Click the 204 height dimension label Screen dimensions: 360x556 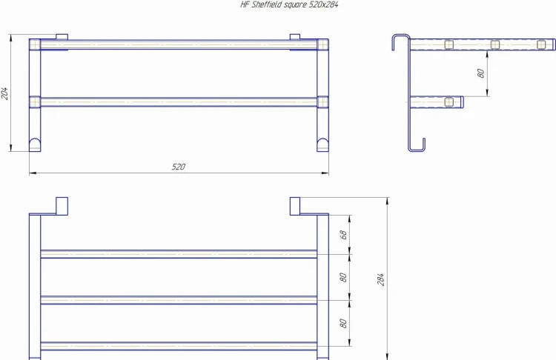6,93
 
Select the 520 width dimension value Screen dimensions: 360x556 179,167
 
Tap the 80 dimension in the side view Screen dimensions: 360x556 481,73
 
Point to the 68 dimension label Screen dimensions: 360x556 344,234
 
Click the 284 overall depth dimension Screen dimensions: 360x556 382,279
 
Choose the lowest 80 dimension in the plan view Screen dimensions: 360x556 344,323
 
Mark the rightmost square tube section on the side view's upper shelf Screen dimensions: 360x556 540,45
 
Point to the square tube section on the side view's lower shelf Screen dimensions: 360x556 449,101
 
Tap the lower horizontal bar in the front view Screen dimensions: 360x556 179,101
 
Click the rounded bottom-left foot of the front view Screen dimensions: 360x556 35,144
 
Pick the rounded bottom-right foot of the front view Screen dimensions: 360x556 322,144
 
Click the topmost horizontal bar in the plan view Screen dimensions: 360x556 179,254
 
